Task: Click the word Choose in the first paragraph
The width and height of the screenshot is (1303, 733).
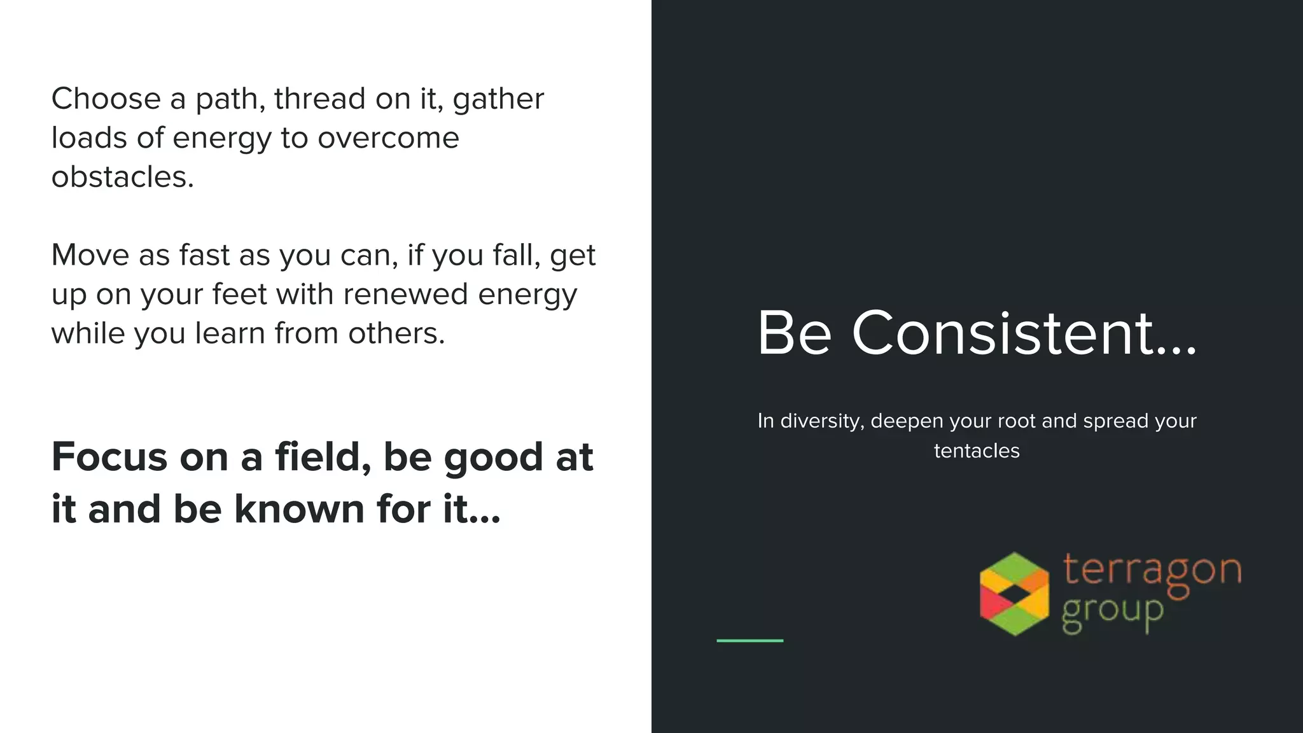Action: (x=106, y=99)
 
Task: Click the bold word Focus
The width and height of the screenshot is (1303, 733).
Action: (x=108, y=457)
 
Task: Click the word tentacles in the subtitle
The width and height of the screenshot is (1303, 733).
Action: (x=977, y=451)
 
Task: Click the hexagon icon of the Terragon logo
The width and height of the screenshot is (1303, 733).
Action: (x=1014, y=593)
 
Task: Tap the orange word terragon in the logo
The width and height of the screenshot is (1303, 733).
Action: (x=1152, y=570)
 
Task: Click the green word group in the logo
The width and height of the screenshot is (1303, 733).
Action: (x=1112, y=613)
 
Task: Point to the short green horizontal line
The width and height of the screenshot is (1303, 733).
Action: (x=749, y=640)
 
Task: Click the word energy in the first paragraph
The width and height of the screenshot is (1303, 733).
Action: (x=221, y=139)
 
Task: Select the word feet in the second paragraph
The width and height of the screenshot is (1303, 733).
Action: (x=239, y=295)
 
